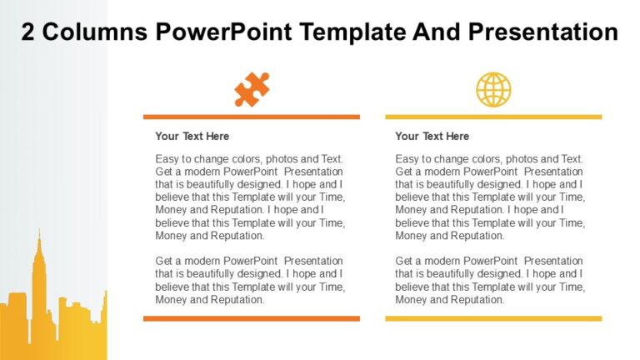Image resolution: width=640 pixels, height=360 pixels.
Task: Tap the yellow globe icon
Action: point(493,89)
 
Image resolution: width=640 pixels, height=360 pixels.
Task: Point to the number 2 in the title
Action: point(27,32)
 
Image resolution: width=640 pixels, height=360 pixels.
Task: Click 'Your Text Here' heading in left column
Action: point(192,136)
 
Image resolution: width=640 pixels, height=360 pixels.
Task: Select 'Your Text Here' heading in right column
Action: point(432,136)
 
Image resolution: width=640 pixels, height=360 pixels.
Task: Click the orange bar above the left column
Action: point(252,117)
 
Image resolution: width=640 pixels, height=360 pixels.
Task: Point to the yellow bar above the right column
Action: point(493,117)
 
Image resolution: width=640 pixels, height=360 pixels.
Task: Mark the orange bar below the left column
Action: point(252,318)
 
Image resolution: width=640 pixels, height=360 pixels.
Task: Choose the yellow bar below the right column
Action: point(493,318)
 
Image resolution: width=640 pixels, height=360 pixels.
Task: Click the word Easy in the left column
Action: point(167,159)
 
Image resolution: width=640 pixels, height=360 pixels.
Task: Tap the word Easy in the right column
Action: point(407,159)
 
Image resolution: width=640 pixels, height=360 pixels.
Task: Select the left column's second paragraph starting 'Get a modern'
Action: point(250,280)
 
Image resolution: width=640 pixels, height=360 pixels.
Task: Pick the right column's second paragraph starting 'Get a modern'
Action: point(490,280)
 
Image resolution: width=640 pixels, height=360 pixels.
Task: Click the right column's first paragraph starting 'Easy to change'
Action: point(490,197)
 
